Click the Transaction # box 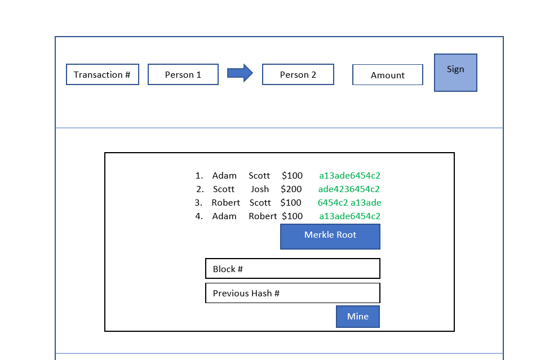(103, 74)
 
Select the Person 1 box (183, 74)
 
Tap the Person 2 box (298, 74)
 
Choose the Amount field (388, 75)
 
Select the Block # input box (293, 269)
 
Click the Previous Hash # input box (293, 293)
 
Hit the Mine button (358, 317)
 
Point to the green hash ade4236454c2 (349, 189)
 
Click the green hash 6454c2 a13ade (349, 203)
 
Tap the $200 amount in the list (291, 189)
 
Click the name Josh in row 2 (260, 189)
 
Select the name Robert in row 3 (225, 203)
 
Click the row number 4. (199, 216)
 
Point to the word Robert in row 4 (263, 216)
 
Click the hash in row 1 (349, 176)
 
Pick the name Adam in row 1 (224, 176)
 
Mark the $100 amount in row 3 (291, 203)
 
